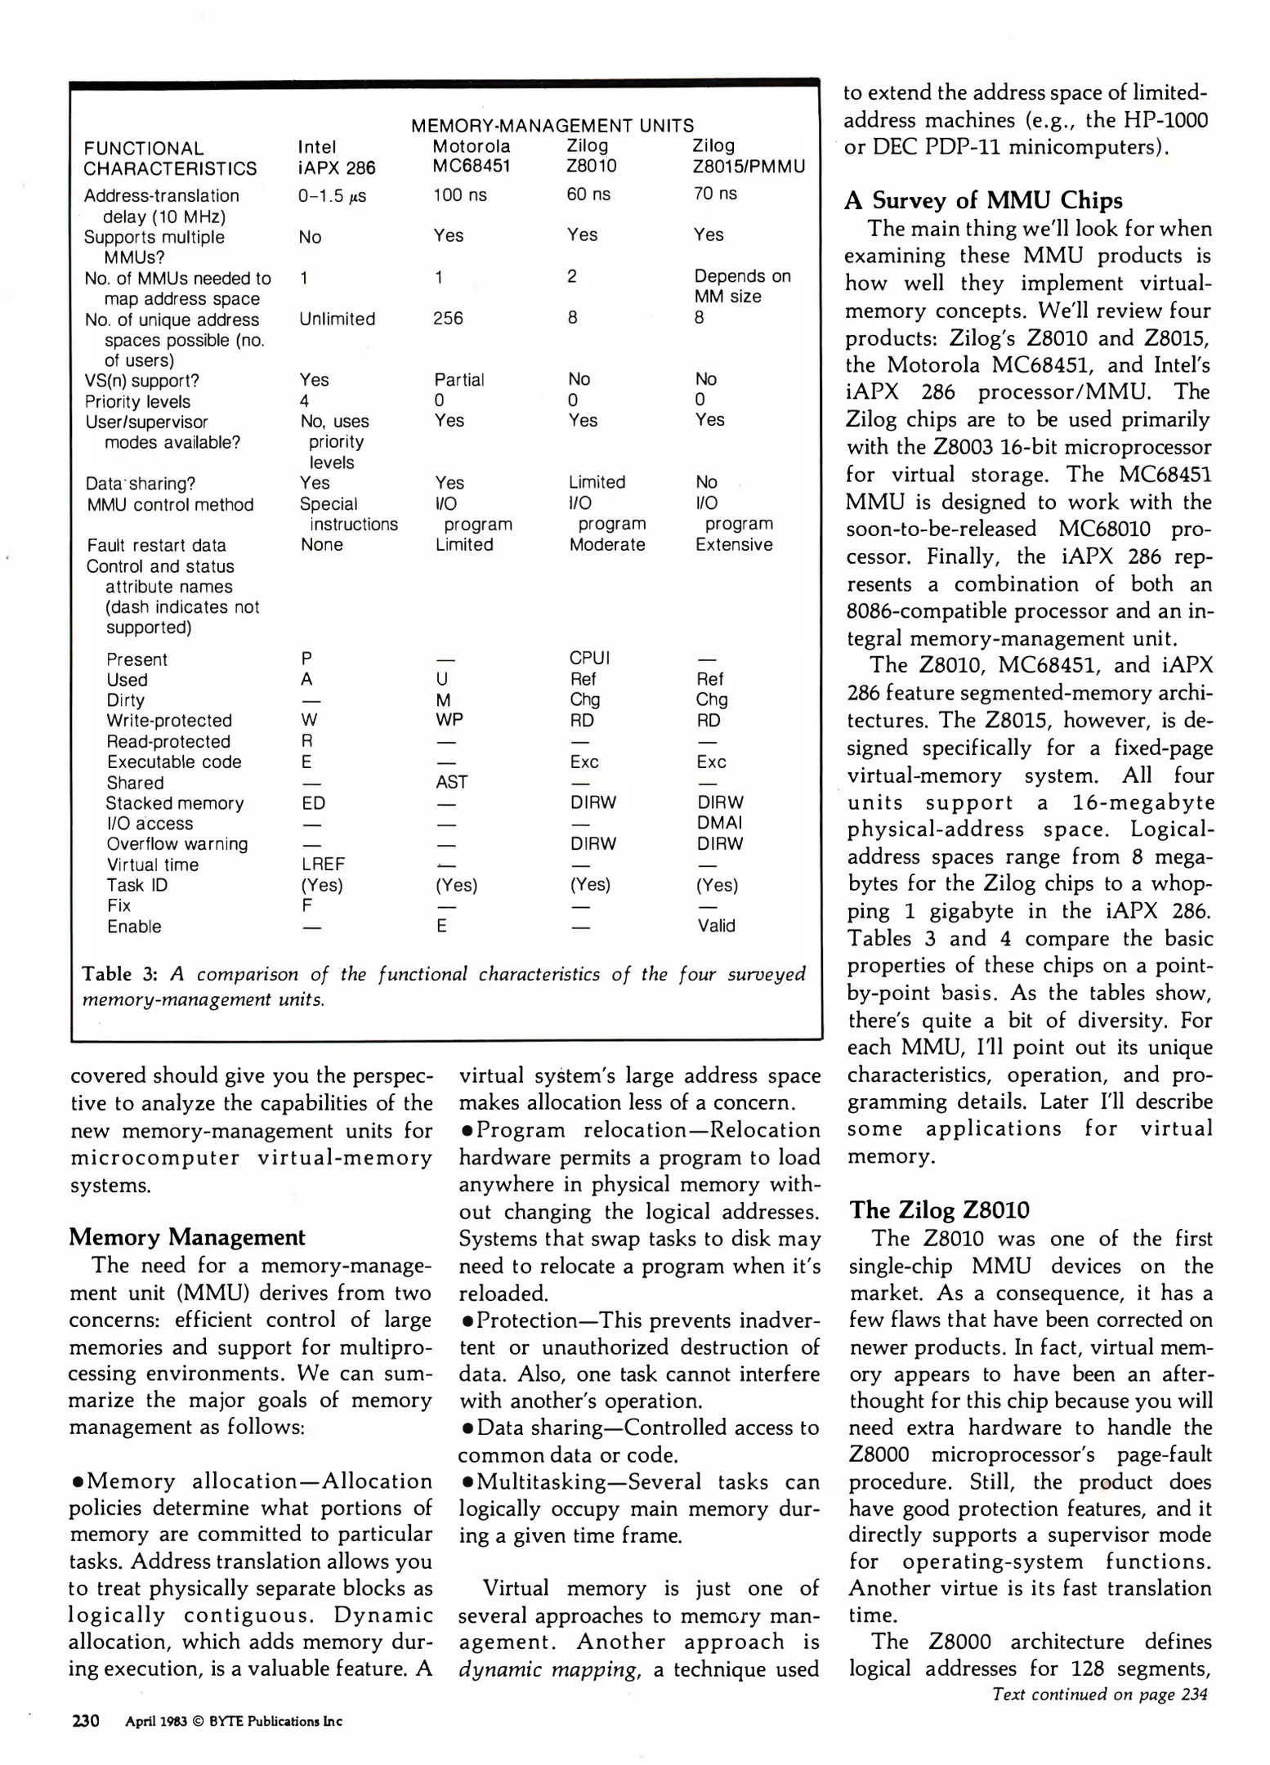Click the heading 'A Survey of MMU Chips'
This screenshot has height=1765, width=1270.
(x=983, y=200)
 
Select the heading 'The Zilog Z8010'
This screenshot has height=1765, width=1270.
(x=939, y=1209)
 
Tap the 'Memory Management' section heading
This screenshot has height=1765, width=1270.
(x=187, y=1236)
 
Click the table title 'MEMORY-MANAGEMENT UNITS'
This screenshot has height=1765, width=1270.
(x=552, y=126)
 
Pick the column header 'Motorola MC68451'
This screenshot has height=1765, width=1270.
(x=472, y=156)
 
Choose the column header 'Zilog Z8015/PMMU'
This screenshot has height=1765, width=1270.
(x=748, y=156)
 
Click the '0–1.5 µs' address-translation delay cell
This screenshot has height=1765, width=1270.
(x=332, y=196)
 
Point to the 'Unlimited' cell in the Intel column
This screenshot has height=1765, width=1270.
(x=337, y=319)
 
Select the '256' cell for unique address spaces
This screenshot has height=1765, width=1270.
(x=448, y=318)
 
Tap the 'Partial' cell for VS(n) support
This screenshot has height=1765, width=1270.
(x=458, y=380)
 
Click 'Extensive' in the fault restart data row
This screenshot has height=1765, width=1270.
(x=733, y=544)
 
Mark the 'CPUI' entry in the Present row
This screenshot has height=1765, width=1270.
(x=589, y=658)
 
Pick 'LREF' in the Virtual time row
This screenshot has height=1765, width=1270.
(x=323, y=864)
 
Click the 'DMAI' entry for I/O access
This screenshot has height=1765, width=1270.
(x=719, y=823)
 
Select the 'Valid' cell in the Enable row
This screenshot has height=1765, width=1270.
(x=716, y=926)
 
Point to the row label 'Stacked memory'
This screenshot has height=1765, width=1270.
(x=175, y=803)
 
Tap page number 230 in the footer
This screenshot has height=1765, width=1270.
(x=86, y=1720)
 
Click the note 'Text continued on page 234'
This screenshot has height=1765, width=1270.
(x=1099, y=1694)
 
